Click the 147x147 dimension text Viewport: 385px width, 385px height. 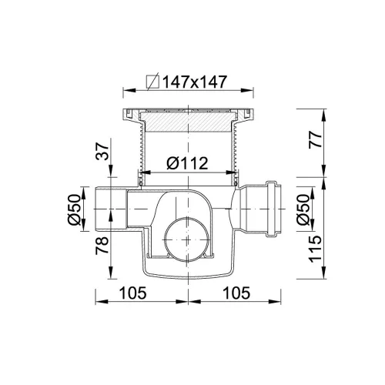tap(195, 82)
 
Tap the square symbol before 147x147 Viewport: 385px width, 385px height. tap(152, 82)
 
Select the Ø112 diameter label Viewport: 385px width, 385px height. tap(187, 163)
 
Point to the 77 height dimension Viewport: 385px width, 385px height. tap(315, 139)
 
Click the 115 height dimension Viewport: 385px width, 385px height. tap(315, 249)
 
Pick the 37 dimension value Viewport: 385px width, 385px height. tap(102, 152)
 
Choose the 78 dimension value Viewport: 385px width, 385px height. tap(102, 246)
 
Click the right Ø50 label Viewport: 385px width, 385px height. tap(303, 209)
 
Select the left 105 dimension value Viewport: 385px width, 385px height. tap(133, 293)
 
